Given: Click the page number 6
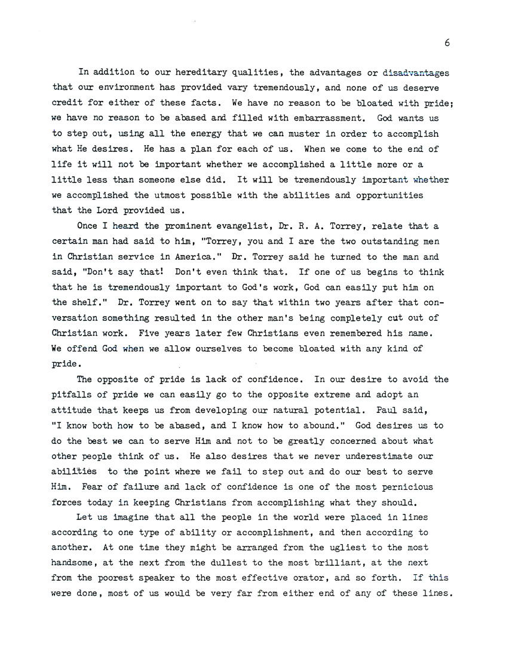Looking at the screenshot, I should point(447,42).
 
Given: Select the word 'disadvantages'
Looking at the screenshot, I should point(416,73).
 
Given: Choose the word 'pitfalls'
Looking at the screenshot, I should point(72,395).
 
